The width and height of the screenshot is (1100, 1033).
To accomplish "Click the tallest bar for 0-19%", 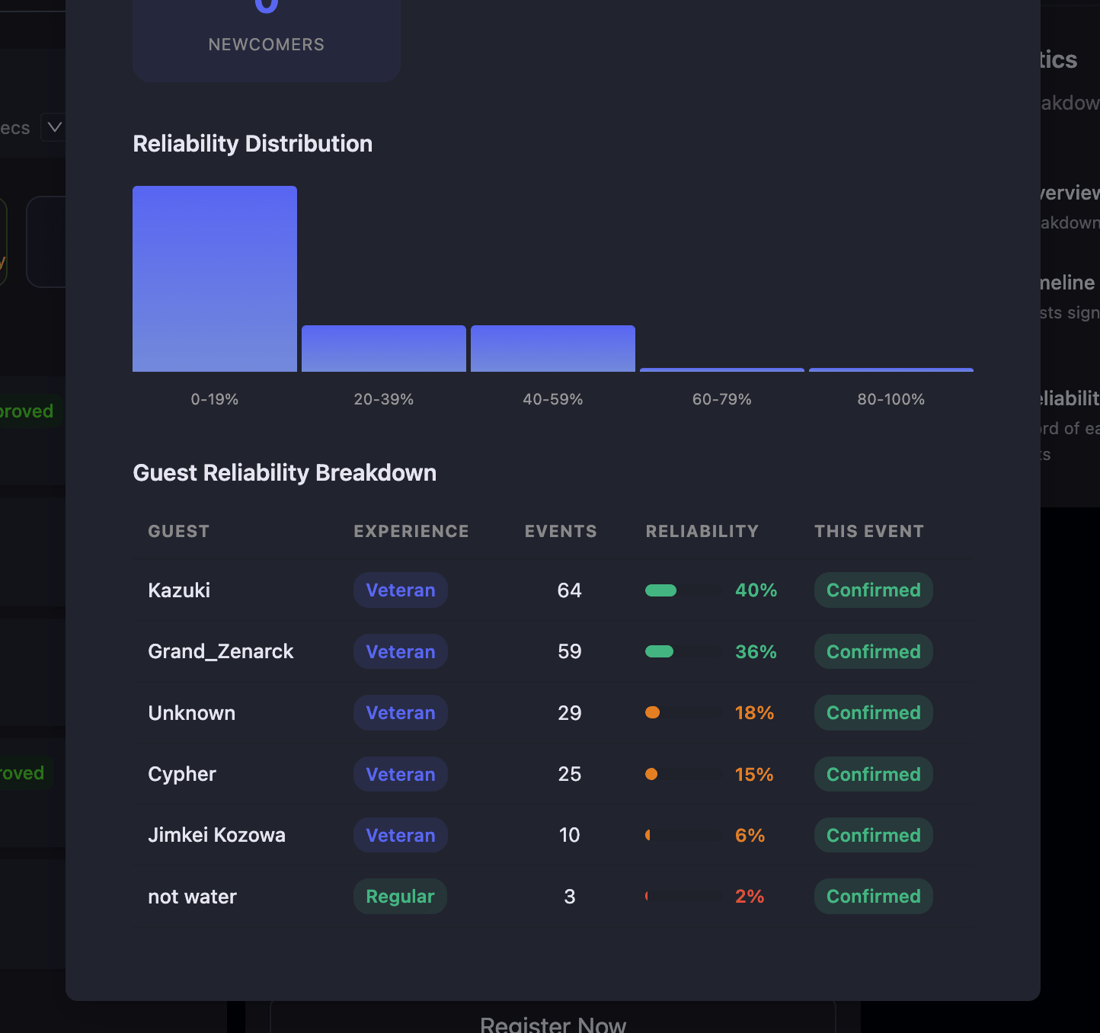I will tap(215, 279).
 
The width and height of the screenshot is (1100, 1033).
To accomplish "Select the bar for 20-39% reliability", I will tap(384, 349).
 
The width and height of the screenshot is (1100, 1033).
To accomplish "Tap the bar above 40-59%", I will tap(553, 349).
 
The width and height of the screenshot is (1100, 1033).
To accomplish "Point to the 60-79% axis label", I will tap(721, 399).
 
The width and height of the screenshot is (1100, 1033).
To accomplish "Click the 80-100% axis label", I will tap(891, 399).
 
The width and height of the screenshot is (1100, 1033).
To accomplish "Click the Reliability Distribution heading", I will tap(252, 144).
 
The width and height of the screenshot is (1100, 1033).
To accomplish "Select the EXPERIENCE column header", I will tap(411, 531).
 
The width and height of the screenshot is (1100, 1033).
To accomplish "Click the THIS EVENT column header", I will tap(868, 531).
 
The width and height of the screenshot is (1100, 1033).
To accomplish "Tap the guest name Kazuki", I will tap(179, 590).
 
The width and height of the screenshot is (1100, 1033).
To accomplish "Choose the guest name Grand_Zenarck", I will tap(220, 651).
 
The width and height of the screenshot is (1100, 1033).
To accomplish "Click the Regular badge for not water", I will tap(400, 897).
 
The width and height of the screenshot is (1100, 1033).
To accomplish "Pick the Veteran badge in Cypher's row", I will tap(400, 774).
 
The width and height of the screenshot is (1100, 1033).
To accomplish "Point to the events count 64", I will tap(569, 590).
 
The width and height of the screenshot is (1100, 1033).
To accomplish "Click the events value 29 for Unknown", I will tap(569, 713).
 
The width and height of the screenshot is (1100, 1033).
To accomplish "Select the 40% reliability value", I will tap(756, 590).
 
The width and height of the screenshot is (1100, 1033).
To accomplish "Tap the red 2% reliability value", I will tap(749, 897).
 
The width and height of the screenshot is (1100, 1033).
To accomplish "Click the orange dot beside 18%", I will tap(652, 713).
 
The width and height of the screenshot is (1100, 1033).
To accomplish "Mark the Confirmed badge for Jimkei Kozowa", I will tap(873, 835).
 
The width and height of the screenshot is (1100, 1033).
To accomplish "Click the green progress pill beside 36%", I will tap(659, 651).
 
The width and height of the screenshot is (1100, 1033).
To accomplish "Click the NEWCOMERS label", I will tap(266, 45).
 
